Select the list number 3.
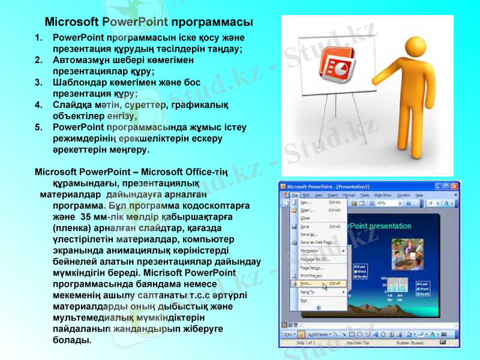38,82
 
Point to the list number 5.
38,127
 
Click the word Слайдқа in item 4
71,105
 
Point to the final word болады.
72,340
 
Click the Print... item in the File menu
307,283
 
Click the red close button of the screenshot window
455,186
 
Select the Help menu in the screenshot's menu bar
419,195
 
